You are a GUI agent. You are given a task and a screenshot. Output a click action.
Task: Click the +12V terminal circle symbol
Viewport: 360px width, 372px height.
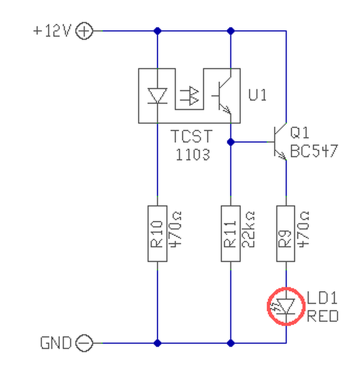tap(84, 31)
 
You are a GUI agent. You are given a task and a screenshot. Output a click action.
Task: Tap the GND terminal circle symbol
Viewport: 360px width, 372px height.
tap(84, 343)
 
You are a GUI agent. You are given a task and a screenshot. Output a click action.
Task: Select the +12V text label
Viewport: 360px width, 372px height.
tap(52, 31)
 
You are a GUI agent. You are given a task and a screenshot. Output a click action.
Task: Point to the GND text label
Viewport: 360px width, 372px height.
tap(56, 343)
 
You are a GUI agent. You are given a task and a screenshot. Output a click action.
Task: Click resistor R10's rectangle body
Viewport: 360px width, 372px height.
tap(157, 234)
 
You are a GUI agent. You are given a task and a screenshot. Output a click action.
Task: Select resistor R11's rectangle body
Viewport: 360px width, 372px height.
tap(230, 234)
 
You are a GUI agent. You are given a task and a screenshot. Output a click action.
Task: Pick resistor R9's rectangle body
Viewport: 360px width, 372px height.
tap(286, 234)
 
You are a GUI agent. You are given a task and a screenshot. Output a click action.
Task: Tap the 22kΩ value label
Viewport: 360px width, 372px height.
tap(248, 229)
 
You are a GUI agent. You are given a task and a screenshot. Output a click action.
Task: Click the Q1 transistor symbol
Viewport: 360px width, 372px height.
tap(280, 142)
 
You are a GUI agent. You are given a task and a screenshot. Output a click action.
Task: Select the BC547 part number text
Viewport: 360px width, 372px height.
tap(314, 151)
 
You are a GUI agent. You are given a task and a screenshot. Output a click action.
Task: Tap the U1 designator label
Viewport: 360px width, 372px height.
tap(257, 95)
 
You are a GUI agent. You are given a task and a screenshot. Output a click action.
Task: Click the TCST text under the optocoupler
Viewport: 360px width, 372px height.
tap(192, 136)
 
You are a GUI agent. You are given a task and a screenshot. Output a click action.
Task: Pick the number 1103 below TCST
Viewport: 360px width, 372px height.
tap(193, 155)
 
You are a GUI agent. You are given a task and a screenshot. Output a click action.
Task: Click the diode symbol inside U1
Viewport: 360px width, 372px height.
tap(157, 96)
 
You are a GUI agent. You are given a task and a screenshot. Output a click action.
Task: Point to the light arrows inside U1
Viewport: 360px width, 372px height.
tap(189, 96)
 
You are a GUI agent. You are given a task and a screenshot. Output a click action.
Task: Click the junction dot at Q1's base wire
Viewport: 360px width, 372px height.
tap(230, 142)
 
